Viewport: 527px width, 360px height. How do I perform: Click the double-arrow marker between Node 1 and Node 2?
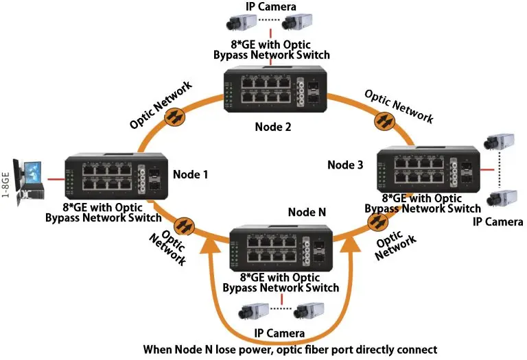coord(174,117)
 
